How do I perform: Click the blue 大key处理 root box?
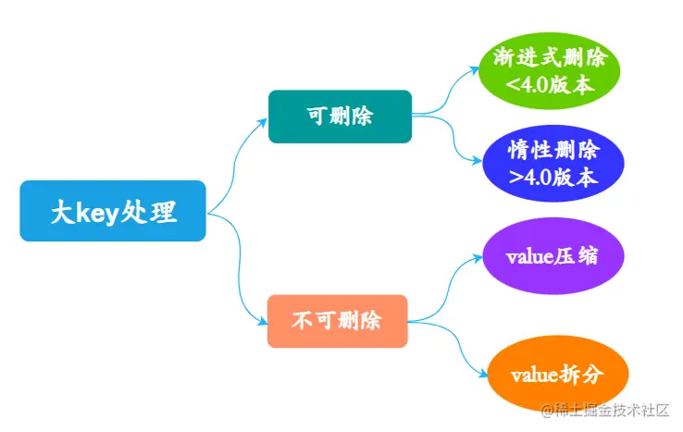112,212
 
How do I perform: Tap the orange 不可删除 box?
337,321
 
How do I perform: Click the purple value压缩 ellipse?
553,256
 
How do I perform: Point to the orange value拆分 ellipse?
557,374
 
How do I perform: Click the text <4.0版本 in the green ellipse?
550,86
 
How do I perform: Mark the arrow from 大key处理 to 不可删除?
239,268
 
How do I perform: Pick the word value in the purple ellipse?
532,256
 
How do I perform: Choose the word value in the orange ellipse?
536,375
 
